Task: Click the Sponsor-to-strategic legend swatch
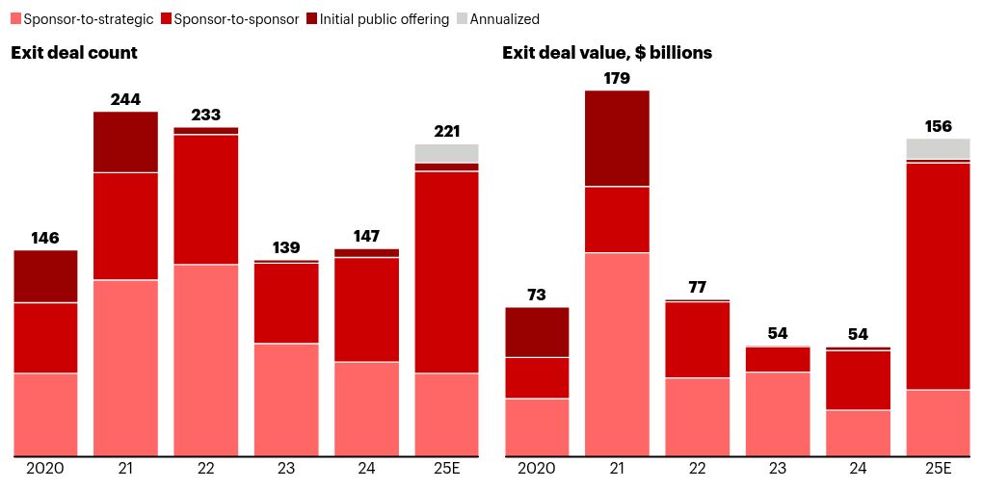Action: pos(15,19)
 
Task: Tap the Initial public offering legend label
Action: pos(384,19)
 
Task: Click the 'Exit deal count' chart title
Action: pos(74,53)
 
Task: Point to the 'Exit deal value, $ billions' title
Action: pos(607,53)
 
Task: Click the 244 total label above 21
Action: pos(125,98)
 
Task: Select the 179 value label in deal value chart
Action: pos(617,78)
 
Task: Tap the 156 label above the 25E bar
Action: pos(938,126)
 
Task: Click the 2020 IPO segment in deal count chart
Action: pos(45,276)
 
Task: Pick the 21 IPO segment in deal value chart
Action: pos(617,138)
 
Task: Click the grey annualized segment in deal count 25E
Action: pos(446,153)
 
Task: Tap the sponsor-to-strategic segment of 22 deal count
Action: pos(205,360)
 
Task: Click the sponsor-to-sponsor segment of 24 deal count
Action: pos(366,309)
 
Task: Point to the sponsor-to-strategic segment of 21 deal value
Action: pos(617,354)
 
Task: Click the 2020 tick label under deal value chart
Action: pos(537,469)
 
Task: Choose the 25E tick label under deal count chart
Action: pos(446,469)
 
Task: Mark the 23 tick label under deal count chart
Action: pos(286,469)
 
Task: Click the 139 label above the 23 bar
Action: pos(286,247)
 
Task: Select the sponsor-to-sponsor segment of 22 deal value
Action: pos(697,340)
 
